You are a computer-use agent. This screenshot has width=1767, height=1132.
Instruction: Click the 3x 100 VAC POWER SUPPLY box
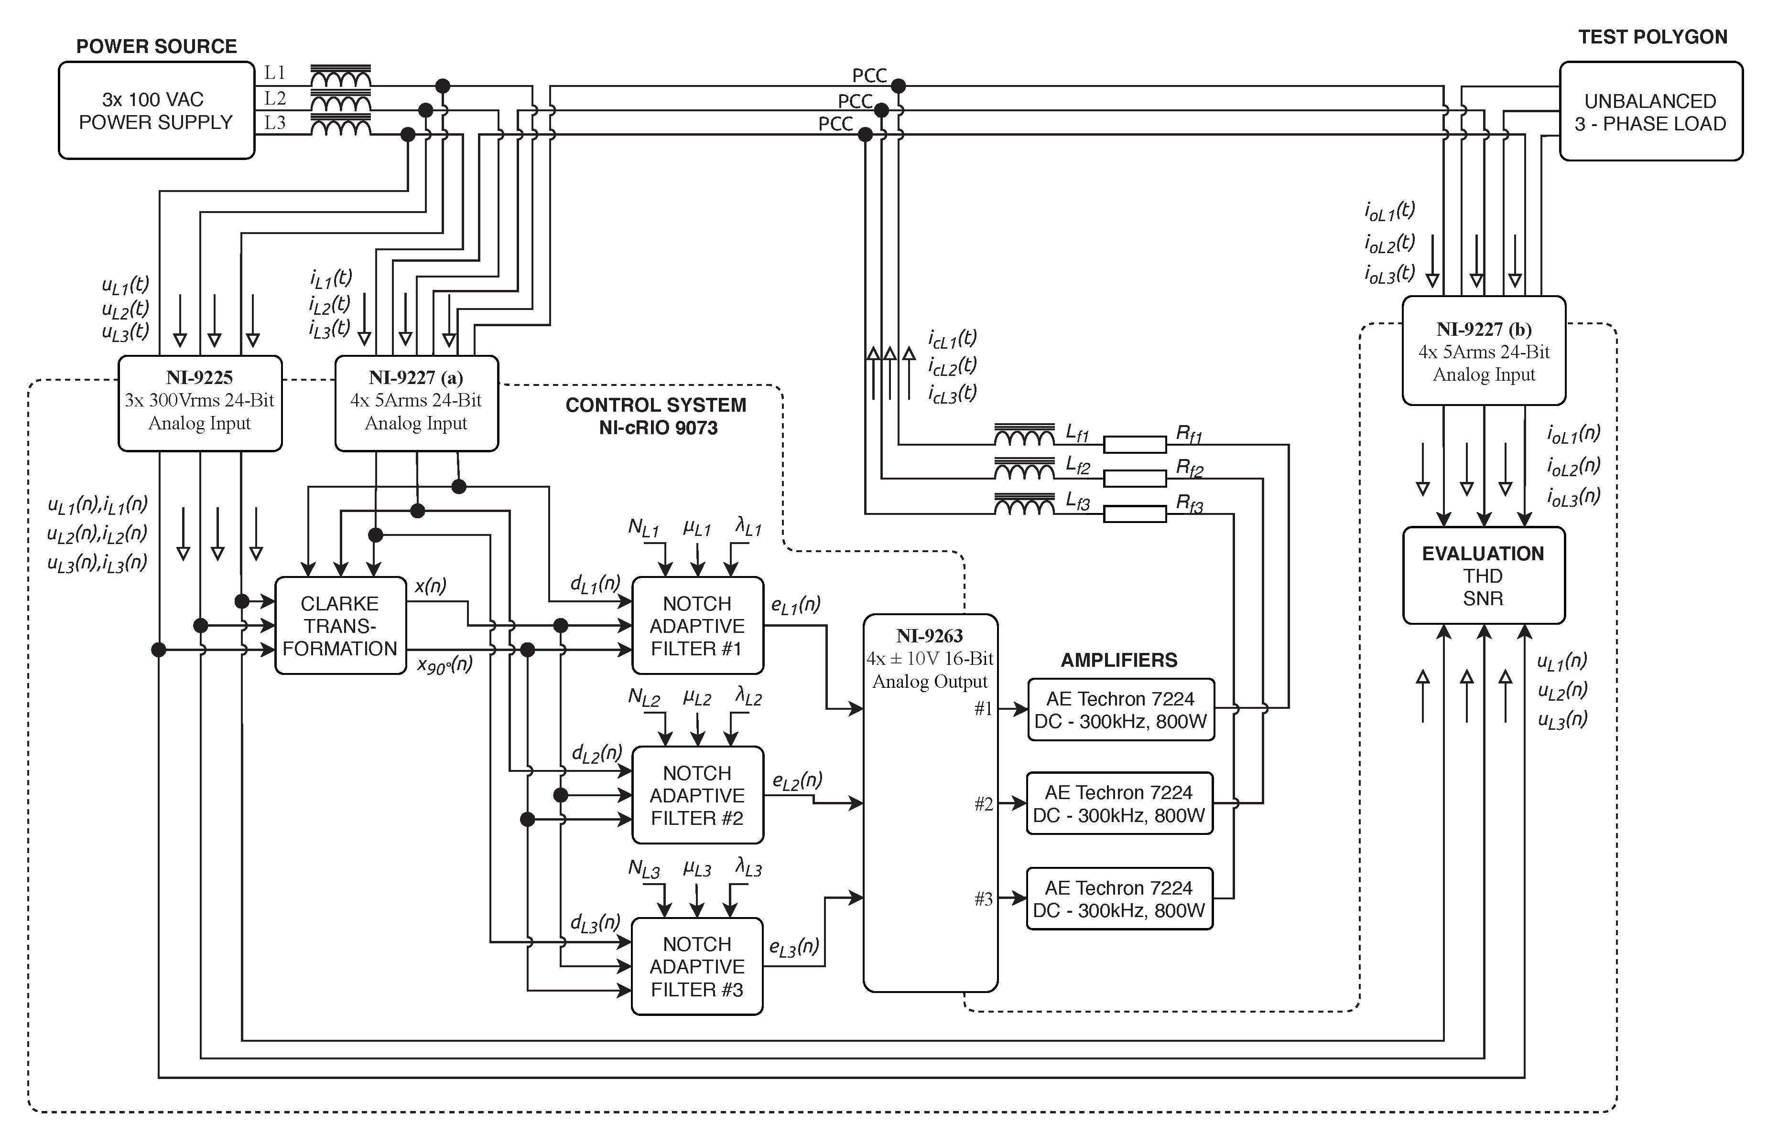156,110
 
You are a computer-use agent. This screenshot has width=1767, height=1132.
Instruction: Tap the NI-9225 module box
199,403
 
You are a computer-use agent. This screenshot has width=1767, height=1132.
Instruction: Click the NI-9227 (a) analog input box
416,403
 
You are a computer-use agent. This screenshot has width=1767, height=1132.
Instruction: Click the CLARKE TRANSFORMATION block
340,626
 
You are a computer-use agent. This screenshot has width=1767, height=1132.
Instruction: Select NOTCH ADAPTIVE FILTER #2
697,795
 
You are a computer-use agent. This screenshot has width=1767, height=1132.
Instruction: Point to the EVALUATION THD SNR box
1483,576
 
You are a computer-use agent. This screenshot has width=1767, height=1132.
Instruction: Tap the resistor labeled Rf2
1135,479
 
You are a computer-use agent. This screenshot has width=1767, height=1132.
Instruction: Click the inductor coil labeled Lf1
1024,438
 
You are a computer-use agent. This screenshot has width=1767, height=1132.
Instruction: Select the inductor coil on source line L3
340,128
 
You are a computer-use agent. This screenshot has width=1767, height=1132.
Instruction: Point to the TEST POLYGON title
1652,37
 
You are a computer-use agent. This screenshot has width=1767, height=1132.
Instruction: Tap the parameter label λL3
748,868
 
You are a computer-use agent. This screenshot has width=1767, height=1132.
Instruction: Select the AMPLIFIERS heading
1118,660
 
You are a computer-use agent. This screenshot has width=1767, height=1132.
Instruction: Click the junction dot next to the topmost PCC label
898,86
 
